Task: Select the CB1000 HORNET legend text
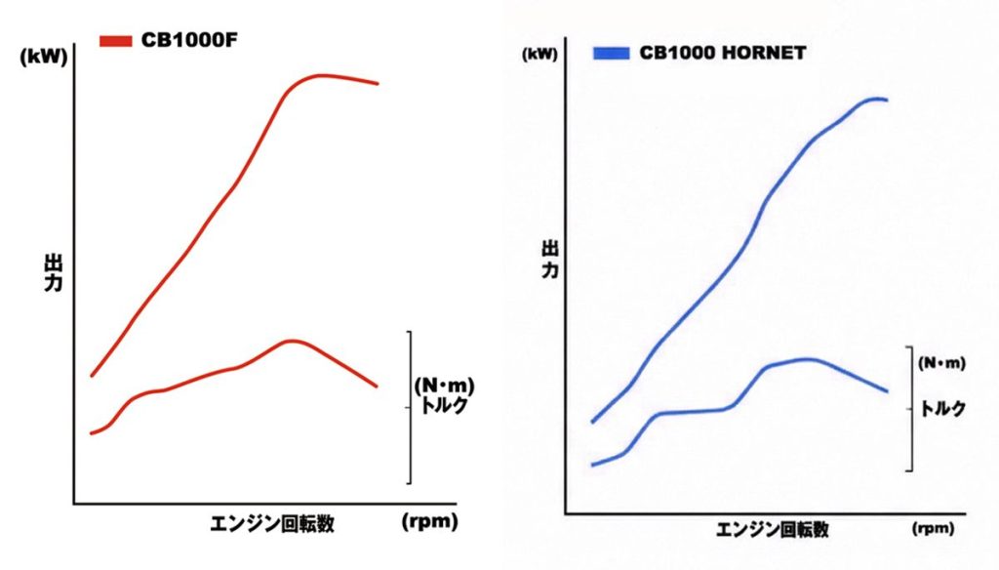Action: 723,54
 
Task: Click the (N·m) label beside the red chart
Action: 444,384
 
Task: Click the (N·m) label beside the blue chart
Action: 942,363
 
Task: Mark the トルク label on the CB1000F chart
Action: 444,404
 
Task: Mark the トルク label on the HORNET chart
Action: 943,409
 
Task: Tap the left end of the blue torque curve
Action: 592,465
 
